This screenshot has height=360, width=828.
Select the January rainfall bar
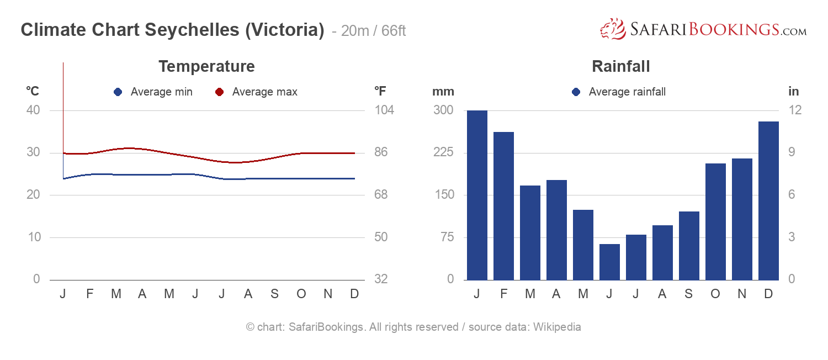477,195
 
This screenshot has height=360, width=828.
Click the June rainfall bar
609,262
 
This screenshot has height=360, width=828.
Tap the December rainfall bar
768,200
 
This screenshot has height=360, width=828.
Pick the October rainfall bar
715,221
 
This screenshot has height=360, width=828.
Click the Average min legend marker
118,92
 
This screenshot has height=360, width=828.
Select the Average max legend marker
219,92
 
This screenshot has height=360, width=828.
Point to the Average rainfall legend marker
576,92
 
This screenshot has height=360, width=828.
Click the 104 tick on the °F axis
384,110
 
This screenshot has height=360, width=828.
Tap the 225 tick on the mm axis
443,152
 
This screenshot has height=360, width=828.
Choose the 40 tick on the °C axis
33,110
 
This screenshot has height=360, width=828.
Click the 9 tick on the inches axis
793,152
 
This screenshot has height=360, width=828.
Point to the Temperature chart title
206,66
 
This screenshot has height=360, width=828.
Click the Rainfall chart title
620,66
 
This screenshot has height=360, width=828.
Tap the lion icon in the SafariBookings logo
612,29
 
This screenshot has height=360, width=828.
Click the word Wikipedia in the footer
556,327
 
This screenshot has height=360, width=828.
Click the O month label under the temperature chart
301,294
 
